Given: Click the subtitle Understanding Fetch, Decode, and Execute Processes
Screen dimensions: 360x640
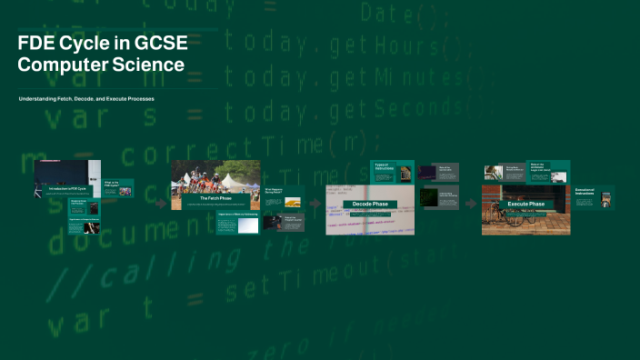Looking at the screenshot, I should click(86, 97).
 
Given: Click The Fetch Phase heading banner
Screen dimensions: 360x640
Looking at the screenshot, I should click(215, 197).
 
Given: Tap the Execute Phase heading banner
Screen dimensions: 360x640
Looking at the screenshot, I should click(525, 204).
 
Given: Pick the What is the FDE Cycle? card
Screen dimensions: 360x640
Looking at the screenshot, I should click(117, 188).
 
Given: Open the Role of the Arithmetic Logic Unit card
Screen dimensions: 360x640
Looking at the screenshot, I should click(542, 170).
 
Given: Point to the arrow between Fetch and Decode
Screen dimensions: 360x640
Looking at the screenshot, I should click(315, 204).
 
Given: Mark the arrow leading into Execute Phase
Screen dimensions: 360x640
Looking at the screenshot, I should click(471, 204).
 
